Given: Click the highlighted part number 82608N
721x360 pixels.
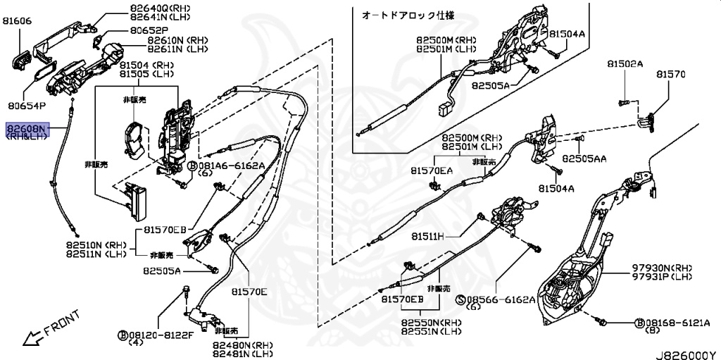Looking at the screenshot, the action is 26,129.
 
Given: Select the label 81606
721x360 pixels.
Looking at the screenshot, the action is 17,21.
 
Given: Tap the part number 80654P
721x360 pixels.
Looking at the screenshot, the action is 27,106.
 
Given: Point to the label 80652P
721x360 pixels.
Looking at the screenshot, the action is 149,31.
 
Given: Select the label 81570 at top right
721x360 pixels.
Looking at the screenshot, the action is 670,73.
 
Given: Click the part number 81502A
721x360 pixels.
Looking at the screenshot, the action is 625,64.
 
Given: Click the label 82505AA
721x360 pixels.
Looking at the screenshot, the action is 584,160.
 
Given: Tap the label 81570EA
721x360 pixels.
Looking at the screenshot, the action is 432,170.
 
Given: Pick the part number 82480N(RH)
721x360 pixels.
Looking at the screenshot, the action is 243,345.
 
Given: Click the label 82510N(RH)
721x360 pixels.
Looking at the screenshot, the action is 96,244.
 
